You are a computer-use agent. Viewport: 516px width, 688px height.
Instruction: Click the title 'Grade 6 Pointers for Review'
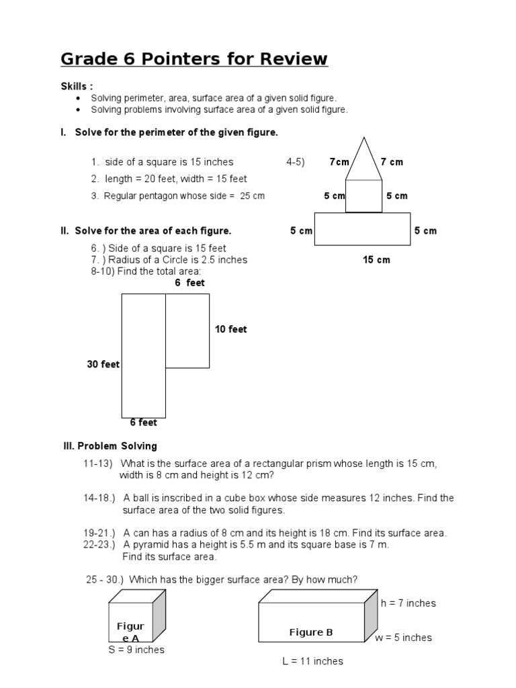coord(194,59)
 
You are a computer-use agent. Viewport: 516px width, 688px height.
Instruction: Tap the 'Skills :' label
coord(77,87)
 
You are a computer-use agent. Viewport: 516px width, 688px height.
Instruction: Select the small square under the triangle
coord(363,196)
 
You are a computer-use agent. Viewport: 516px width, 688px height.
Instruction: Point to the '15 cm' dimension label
coord(376,259)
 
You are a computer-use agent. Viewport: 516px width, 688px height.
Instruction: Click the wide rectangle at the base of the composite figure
coord(362,229)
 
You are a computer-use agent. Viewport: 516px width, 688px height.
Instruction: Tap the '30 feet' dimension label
coord(103,364)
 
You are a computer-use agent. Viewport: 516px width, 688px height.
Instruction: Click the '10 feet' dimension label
coord(230,329)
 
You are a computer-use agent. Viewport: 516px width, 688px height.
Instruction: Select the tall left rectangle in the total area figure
coord(143,355)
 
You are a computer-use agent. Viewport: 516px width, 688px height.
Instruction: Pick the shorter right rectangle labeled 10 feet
coord(187,331)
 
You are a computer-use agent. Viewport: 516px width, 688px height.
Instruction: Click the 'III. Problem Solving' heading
coord(109,446)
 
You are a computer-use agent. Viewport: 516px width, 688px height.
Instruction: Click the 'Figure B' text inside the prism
coord(311,632)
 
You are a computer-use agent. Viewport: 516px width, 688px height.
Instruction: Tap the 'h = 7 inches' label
coord(408,603)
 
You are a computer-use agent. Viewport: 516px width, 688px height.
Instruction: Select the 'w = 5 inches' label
coord(403,638)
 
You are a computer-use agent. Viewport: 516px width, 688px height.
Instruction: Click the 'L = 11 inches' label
coord(312,661)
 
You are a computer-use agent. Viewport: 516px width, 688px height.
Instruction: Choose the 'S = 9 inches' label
coord(136,650)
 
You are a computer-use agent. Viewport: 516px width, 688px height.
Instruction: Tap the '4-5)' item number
coord(295,162)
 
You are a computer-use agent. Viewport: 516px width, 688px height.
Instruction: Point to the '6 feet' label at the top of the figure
coord(189,283)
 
